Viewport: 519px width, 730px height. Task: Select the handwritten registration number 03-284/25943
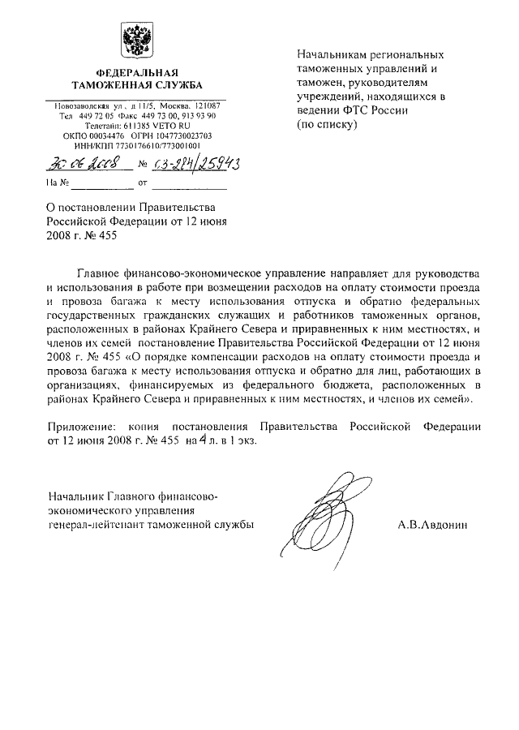pos(194,165)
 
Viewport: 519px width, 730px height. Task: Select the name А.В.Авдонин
pos(439,525)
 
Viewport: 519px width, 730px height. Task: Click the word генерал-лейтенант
pos(94,525)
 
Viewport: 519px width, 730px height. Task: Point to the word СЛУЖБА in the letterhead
pos(169,85)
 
